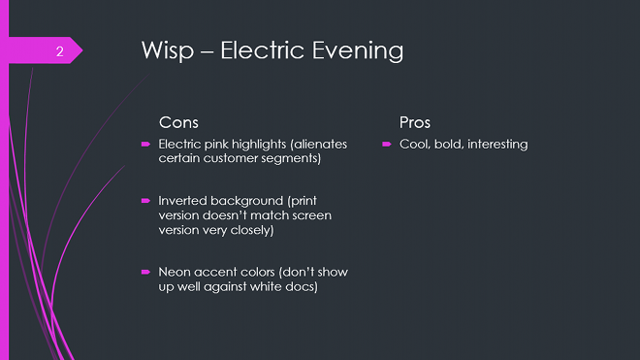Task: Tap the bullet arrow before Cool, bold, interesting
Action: click(386, 146)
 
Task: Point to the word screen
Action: click(311, 215)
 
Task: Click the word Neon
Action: click(175, 273)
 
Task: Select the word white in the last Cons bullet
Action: click(266, 287)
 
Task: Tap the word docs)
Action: click(303, 287)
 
